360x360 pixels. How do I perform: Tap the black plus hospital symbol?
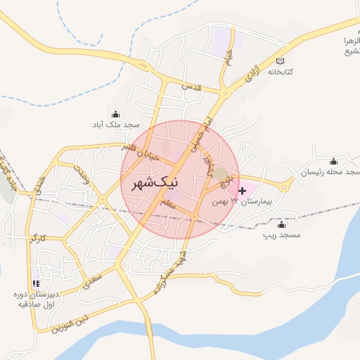[243, 191]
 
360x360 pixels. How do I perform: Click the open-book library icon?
[282, 60]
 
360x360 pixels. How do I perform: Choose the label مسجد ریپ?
[281, 235]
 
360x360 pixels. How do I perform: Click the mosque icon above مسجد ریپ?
[281, 224]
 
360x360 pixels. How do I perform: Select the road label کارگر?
[38, 239]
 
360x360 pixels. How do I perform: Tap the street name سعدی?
[94, 277]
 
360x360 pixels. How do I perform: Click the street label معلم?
[167, 204]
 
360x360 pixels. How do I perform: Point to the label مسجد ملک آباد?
[116, 124]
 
